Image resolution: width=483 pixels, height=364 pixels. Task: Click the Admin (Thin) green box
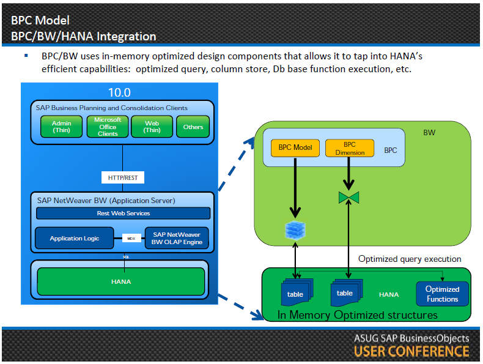click(61, 127)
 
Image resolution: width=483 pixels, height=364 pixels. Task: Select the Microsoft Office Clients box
click(108, 127)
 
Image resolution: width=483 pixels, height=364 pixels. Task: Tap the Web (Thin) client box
click(152, 127)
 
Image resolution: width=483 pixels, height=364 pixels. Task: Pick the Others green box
click(193, 127)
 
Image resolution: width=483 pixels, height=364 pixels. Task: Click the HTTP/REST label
click(122, 177)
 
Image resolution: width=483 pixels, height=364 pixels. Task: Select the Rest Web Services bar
click(123, 213)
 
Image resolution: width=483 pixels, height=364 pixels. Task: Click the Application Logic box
click(74, 238)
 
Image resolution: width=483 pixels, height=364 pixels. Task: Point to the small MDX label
click(130, 238)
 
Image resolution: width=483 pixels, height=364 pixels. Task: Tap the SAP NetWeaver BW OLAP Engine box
click(176, 238)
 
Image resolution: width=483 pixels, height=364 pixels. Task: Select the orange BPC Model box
click(295, 148)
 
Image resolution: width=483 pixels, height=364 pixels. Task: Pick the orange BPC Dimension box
click(350, 148)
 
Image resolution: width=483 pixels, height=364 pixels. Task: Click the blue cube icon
click(295, 229)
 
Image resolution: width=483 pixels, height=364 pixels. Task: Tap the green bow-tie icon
click(349, 197)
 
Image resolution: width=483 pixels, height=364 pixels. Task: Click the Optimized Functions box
click(442, 294)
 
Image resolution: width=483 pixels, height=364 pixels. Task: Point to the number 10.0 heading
click(120, 92)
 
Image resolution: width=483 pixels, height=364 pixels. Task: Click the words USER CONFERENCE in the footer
click(411, 352)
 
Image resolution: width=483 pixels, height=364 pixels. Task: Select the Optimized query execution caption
click(410, 259)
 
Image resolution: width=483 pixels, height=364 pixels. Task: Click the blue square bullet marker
click(26, 56)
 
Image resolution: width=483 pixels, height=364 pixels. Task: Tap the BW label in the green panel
click(429, 132)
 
